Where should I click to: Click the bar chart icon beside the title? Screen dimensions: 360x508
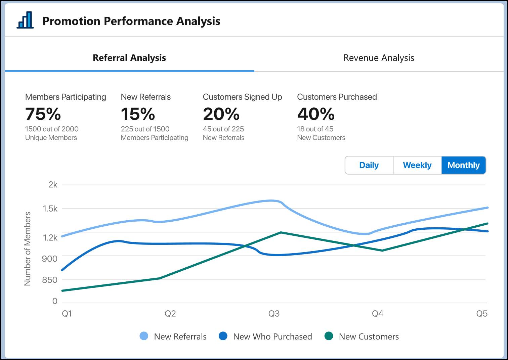pyautogui.click(x=25, y=20)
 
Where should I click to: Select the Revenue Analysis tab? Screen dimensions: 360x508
pyautogui.click(x=378, y=58)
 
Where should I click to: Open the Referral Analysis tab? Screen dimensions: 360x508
pyautogui.click(x=129, y=58)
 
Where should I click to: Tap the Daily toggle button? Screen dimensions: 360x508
pyautogui.click(x=369, y=165)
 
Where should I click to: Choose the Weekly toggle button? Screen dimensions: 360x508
pyautogui.click(x=417, y=165)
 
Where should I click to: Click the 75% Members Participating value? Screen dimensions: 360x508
pyautogui.click(x=43, y=114)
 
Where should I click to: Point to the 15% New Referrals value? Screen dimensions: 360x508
pyautogui.click(x=138, y=114)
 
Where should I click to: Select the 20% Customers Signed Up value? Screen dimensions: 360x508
pyautogui.click(x=221, y=114)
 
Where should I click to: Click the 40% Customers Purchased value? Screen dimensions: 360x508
pyautogui.click(x=316, y=114)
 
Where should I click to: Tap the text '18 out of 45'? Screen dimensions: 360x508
pyautogui.click(x=315, y=129)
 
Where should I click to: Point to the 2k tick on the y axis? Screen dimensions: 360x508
pyautogui.click(x=53, y=185)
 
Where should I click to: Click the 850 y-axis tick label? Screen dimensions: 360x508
pyautogui.click(x=50, y=280)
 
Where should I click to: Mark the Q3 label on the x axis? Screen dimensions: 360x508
pyautogui.click(x=274, y=314)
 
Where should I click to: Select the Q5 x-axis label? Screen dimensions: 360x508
pyautogui.click(x=482, y=314)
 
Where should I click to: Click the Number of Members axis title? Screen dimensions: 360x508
pyautogui.click(x=28, y=249)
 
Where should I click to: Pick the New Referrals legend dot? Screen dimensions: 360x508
pyautogui.click(x=144, y=336)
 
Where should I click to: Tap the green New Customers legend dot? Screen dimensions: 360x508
pyautogui.click(x=329, y=336)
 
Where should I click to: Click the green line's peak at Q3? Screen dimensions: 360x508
pyautogui.click(x=281, y=232)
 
